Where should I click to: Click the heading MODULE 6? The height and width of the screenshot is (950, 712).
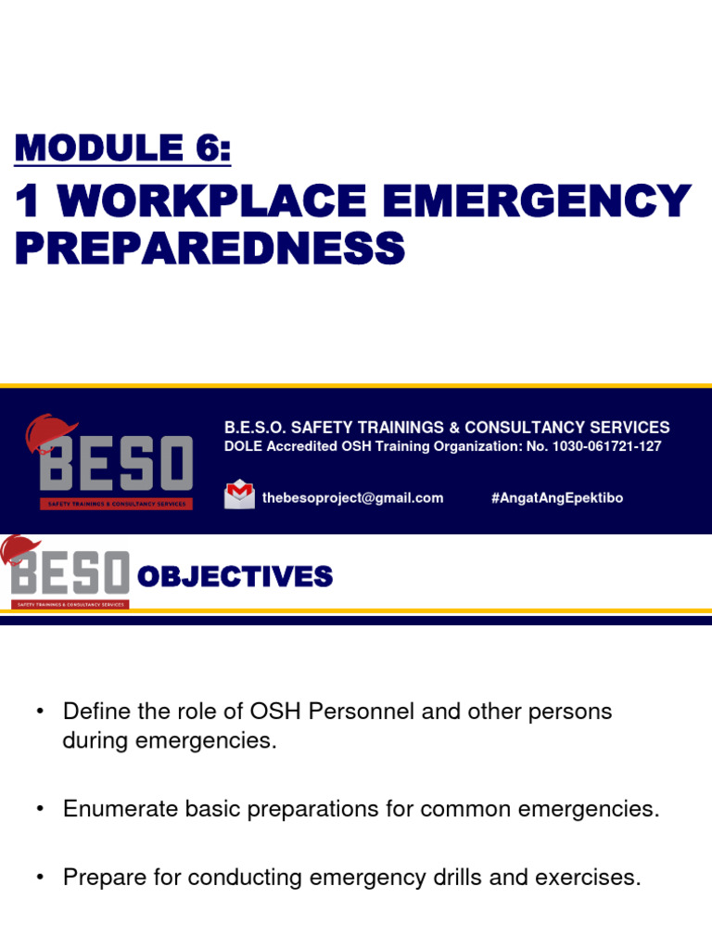click(x=122, y=148)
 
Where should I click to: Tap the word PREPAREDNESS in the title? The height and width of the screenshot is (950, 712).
click(x=210, y=248)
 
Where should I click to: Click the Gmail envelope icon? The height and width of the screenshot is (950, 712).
click(x=239, y=495)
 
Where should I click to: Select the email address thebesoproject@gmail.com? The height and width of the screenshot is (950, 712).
click(x=352, y=498)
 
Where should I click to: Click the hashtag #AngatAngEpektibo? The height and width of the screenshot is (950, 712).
click(x=556, y=498)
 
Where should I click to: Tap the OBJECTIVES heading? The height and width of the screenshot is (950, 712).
click(x=235, y=577)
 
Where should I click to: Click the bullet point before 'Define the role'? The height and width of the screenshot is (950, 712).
click(x=40, y=712)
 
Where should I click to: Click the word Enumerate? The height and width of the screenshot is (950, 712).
click(x=117, y=809)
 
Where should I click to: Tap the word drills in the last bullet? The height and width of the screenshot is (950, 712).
click(x=472, y=877)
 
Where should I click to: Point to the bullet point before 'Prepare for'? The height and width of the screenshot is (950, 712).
click(x=40, y=877)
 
